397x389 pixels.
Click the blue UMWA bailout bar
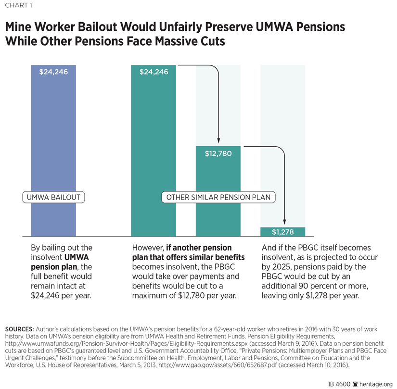click(53, 144)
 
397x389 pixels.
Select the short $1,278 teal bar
click(282, 232)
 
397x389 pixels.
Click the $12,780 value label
click(218, 154)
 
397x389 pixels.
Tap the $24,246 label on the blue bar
click(53, 72)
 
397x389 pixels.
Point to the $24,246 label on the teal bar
click(154, 72)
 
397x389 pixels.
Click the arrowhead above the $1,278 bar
click(285, 222)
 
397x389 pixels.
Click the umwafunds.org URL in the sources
click(113, 344)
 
